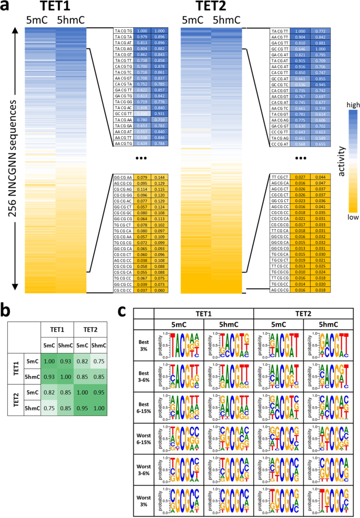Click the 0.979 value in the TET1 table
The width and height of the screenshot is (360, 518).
tap(142, 37)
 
